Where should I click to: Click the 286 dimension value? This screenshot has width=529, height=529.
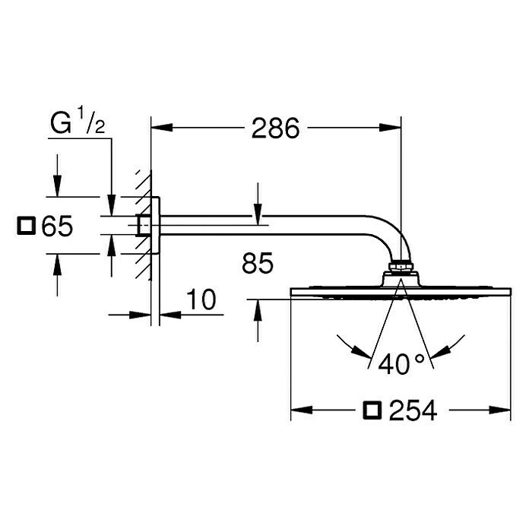tap(276, 128)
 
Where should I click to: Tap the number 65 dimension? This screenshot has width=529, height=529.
tap(57, 226)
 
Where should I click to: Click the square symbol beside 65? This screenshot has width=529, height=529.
tap(27, 226)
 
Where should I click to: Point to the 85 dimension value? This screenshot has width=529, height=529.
tap(257, 263)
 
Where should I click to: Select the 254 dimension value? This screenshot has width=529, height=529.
tap(413, 411)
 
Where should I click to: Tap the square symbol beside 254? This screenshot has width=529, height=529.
tap(372, 411)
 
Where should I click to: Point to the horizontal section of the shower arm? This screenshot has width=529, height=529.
tap(266, 226)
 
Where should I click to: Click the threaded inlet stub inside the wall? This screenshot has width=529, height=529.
tap(143, 226)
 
